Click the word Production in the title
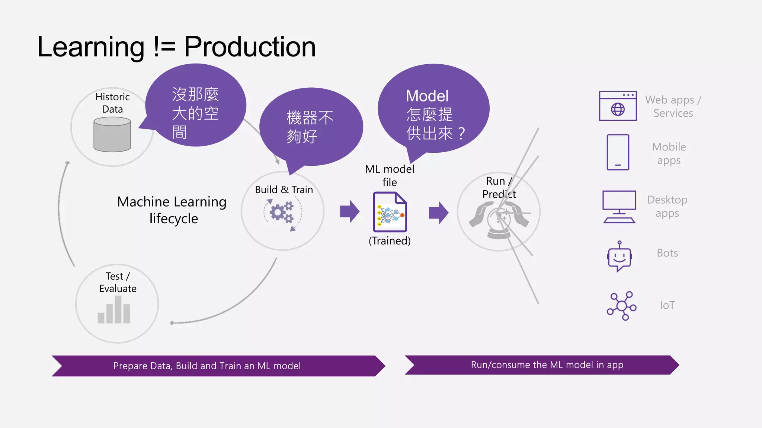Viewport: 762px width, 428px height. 250,47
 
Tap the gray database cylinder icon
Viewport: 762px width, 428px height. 112,134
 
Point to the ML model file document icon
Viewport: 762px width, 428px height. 390,212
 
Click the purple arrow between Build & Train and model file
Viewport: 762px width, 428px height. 349,212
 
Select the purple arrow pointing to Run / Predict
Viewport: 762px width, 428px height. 438,213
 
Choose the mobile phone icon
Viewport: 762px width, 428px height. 618,152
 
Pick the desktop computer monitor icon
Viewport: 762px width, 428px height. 619,207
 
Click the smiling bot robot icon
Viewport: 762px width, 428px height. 619,257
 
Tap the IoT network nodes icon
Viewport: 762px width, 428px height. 621,306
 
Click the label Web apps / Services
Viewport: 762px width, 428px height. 673,106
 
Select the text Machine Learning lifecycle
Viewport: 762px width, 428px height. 172,210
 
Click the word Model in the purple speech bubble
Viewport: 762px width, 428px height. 427,96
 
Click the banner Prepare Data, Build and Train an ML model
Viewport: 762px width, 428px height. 207,366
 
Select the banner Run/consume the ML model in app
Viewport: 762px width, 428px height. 547,365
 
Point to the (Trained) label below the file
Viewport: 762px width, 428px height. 390,241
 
